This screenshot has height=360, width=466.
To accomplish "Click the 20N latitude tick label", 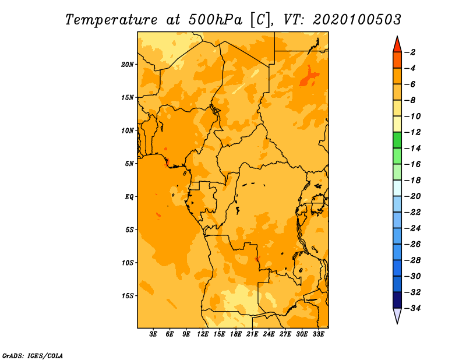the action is tap(128, 65).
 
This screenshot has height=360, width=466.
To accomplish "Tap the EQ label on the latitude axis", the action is tap(129, 197).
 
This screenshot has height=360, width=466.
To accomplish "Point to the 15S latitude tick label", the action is tap(128, 296).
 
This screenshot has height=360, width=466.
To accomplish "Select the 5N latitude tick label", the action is tap(129, 164).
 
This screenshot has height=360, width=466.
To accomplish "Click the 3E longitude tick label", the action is tap(153, 334).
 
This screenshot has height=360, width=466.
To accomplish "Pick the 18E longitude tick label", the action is tap(236, 334).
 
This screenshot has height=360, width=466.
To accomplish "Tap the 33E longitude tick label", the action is tap(318, 334).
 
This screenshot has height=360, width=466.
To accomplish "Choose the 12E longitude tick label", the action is tap(203, 334).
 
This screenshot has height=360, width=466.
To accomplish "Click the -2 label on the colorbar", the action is tap(411, 52).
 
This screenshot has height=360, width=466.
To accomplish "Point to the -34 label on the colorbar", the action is tap(413, 308).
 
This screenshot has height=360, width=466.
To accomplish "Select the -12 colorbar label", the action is tap(413, 132).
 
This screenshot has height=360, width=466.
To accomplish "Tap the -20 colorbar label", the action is tap(413, 196).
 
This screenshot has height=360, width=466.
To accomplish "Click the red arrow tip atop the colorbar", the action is tap(397, 36).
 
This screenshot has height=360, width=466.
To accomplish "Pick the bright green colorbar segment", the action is tap(397, 140).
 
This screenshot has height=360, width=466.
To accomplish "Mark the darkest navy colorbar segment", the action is tap(397, 300).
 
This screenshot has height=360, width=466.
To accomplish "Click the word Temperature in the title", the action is tap(111, 20).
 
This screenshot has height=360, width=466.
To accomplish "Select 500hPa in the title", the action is tap(216, 20).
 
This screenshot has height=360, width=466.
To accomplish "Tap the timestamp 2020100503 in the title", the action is tap(357, 20).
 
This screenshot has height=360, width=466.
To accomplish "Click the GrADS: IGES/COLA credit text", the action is tap(33, 356).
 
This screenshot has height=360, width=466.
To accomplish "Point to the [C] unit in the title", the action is tap(260, 20).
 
